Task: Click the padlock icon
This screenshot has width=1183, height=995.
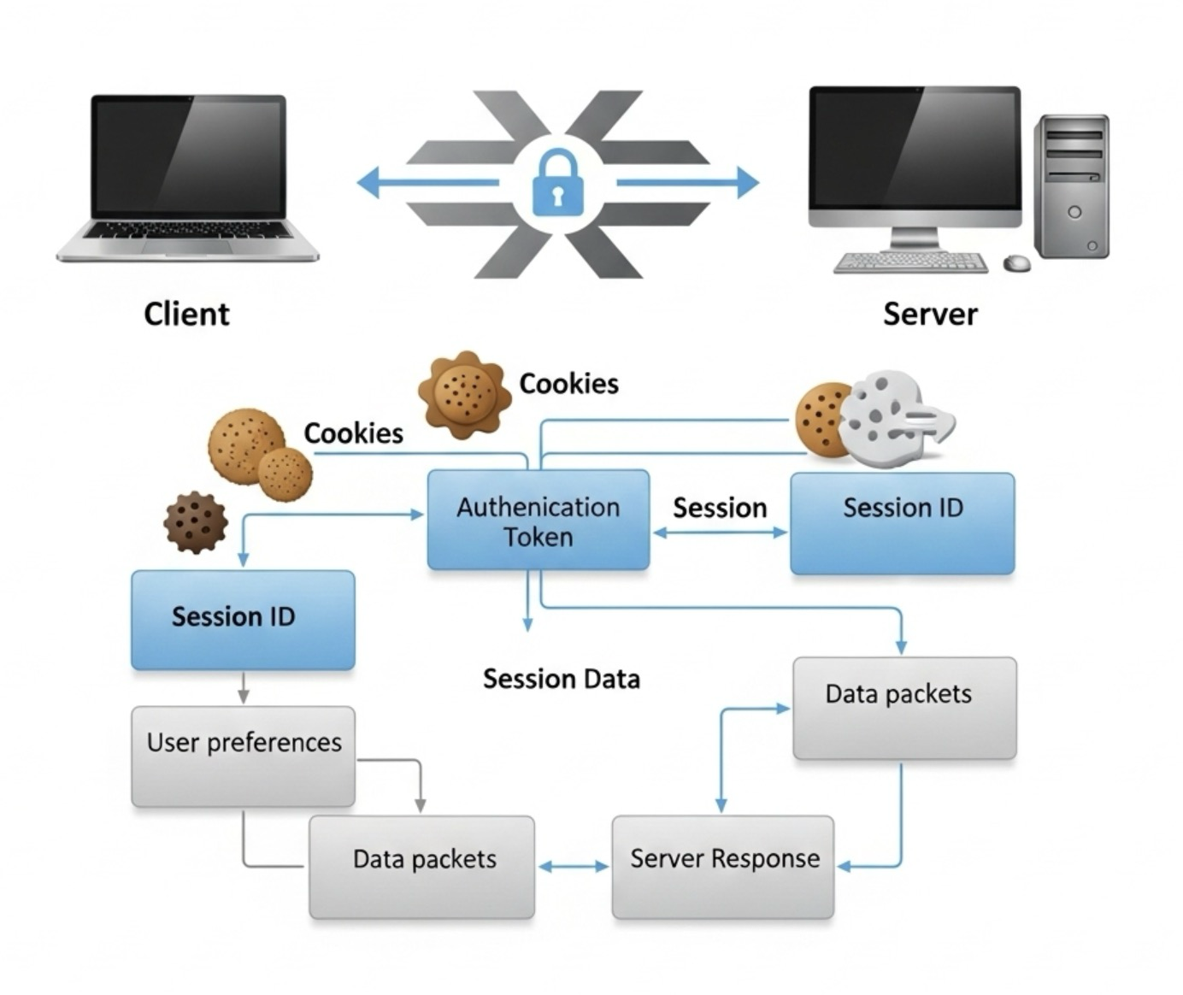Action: coord(557,183)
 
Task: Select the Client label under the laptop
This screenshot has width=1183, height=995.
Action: coord(186,315)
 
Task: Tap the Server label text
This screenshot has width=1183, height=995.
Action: coord(930,315)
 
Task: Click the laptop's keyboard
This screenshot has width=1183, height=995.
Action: coord(187,230)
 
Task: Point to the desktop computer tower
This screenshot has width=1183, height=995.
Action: coord(1071,187)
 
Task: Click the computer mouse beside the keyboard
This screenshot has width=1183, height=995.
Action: coord(1016,262)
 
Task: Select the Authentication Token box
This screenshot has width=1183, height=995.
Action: coord(539,521)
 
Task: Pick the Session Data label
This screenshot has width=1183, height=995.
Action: coord(562,680)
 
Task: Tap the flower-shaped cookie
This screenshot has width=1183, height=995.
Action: coord(464,395)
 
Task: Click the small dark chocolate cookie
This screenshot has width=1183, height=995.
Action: coord(196,522)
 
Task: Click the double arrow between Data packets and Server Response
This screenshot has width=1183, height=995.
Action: coord(574,867)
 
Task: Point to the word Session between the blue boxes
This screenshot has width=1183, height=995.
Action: coord(720,508)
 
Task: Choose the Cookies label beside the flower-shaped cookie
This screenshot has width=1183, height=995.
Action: coord(569,384)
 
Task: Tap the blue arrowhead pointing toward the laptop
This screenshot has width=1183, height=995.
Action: coord(368,183)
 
